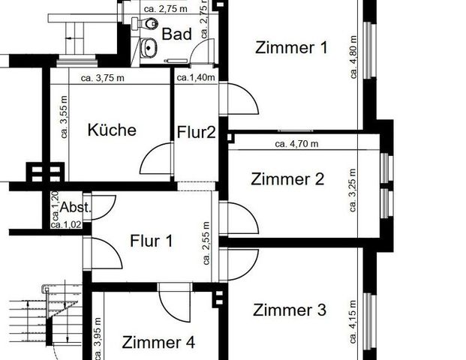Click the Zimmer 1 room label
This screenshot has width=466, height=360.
[291, 48]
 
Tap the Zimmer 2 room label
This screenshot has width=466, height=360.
[287, 179]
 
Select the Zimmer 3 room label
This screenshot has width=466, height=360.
[289, 310]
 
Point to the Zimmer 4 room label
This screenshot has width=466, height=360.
[158, 343]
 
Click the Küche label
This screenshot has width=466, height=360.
[112, 130]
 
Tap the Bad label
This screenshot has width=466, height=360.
[177, 34]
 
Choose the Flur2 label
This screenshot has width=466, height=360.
[197, 133]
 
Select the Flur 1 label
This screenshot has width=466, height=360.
[152, 241]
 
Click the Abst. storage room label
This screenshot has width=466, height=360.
[75, 208]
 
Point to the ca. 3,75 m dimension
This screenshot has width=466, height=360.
[104, 76]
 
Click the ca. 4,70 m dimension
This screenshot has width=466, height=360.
[296, 143]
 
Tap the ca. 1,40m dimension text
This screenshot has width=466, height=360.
[196, 76]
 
